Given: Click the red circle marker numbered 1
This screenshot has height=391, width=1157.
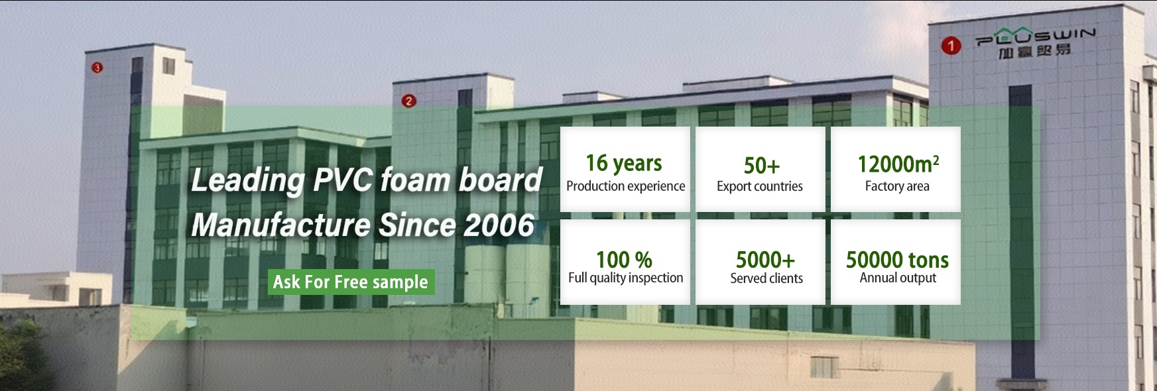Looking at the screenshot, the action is [951, 46].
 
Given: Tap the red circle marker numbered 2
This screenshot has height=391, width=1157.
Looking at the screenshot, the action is [409, 101].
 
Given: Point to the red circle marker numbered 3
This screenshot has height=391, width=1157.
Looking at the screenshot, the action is [97, 67].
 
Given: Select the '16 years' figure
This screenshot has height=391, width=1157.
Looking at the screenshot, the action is [624, 163].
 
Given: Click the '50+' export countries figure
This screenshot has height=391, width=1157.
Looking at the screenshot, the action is [762, 165].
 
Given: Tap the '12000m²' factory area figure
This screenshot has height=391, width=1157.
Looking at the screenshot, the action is [898, 164].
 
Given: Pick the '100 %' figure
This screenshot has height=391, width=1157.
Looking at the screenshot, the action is [624, 259].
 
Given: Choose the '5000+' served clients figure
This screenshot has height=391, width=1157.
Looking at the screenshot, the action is [765, 259].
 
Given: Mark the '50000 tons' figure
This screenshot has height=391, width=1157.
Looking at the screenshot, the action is [897, 259].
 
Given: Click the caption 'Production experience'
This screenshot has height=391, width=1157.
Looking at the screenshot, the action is [625, 186].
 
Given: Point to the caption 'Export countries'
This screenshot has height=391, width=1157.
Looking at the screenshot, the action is [760, 186].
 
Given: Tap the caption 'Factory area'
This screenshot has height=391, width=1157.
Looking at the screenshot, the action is [897, 186].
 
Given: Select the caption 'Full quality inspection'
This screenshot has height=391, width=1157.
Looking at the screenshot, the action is [625, 278].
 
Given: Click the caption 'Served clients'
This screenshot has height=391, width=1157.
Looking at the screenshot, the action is [766, 278].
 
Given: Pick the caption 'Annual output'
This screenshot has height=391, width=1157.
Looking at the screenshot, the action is [898, 278].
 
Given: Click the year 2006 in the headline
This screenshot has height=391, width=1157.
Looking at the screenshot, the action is [499, 225].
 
